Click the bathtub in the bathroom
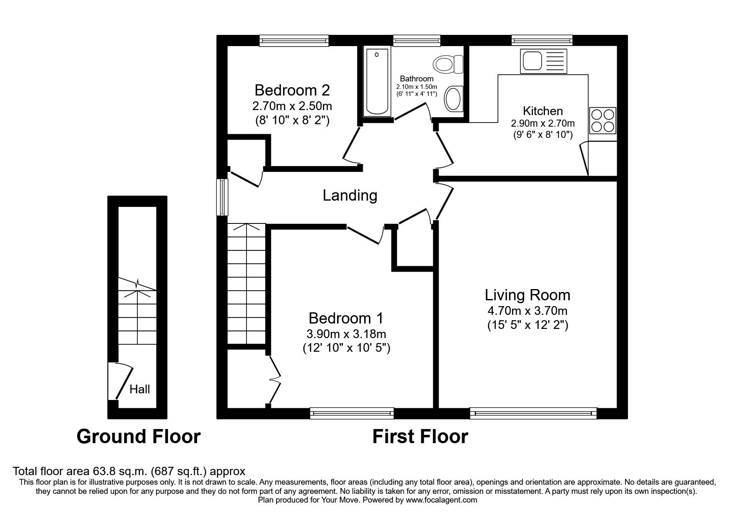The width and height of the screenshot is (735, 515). [x=377, y=81]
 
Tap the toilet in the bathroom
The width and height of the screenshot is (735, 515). [x=448, y=65]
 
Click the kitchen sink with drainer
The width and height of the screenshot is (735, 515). [x=543, y=61]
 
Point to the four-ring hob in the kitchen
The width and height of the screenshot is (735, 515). [x=603, y=120]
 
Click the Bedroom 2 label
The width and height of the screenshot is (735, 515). [x=292, y=90]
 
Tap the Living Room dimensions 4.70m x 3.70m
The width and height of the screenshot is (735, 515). [x=527, y=310]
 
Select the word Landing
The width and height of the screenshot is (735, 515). [x=350, y=195]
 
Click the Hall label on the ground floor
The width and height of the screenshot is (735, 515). [x=139, y=390]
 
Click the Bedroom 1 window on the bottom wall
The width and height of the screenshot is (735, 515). [x=352, y=413]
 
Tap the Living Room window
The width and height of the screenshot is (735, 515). [x=533, y=413]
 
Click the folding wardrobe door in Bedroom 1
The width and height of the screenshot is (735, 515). [x=275, y=379]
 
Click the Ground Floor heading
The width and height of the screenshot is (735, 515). [x=139, y=437]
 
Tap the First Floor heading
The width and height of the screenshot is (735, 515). [x=420, y=437]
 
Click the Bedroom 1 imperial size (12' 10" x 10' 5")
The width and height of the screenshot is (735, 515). [x=346, y=348]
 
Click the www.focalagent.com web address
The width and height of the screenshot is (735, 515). [x=441, y=500]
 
